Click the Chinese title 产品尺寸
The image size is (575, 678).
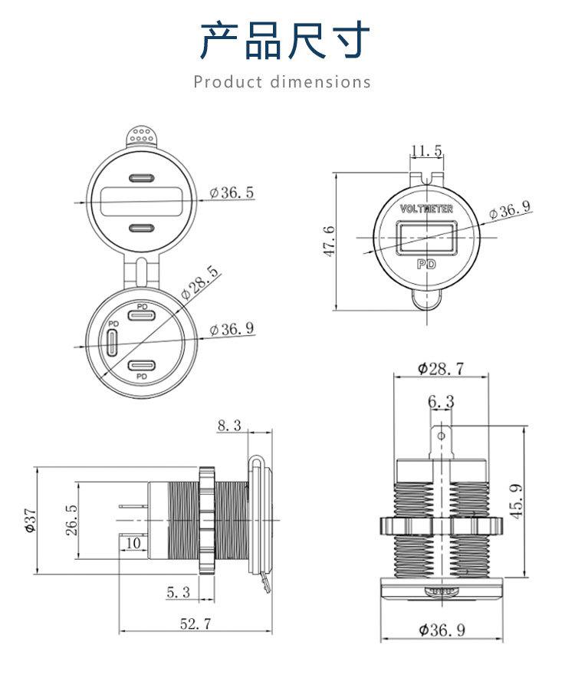pos(285,41)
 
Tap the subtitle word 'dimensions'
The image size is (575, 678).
pos(320,82)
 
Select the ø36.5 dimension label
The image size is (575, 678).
pos(232,193)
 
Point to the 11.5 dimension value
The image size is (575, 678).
pos(426,151)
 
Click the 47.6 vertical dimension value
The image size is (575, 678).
pos(329,240)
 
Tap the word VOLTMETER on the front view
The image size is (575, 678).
pos(426,209)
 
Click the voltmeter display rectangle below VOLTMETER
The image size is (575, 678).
pos(426,237)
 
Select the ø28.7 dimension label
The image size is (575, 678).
pos(440,368)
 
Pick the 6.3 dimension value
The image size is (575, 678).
pos(441,402)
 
